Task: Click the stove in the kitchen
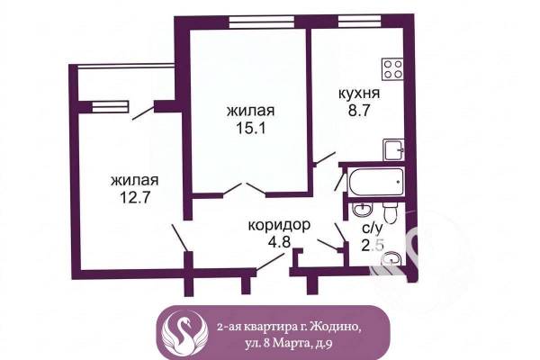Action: coord(392,69)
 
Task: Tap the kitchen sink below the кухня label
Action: coord(393,150)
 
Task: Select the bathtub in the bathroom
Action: coord(376,182)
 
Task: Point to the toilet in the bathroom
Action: coord(391,211)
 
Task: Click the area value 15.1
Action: coord(250,129)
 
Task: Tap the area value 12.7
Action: coord(135,197)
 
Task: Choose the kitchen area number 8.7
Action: coord(358,111)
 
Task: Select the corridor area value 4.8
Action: coord(279,241)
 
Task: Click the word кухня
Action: coord(359,94)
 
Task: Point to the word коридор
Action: coord(279,225)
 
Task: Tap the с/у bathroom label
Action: coord(373,228)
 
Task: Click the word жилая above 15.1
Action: coord(250,111)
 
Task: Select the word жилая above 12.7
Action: coord(135,180)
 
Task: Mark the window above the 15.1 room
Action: coord(262,22)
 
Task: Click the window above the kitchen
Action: coord(359,22)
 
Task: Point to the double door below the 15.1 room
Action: coord(245,190)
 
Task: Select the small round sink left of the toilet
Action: coord(362,209)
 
